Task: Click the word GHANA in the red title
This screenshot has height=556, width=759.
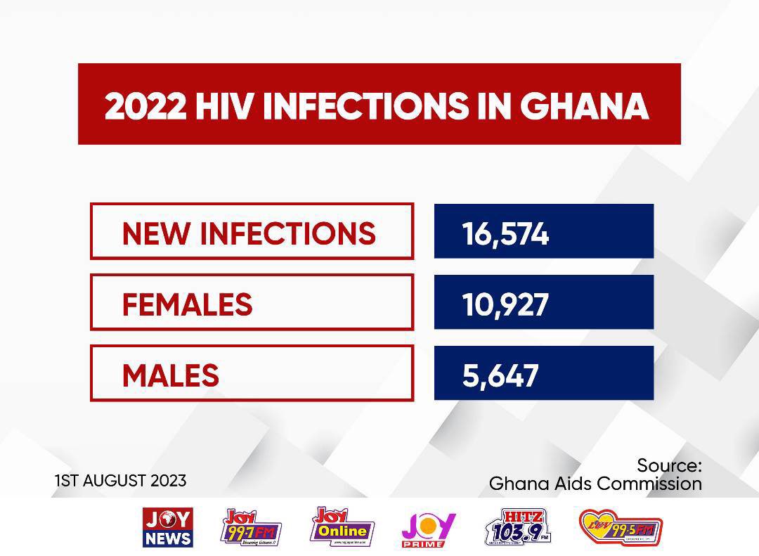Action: (585, 105)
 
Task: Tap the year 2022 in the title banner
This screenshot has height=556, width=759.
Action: (145, 105)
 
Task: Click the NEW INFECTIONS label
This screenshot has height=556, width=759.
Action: (249, 233)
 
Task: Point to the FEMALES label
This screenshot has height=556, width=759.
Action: (187, 304)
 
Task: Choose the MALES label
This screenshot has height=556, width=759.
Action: (171, 375)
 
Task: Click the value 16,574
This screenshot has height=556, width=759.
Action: (505, 233)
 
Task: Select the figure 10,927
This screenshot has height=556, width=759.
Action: (505, 304)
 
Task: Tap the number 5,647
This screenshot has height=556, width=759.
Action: (500, 375)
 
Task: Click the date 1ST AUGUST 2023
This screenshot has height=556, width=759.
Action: (121, 481)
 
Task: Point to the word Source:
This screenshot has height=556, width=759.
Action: (669, 465)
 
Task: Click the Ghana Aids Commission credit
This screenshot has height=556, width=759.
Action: (595, 484)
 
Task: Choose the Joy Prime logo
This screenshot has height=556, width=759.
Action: (429, 529)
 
